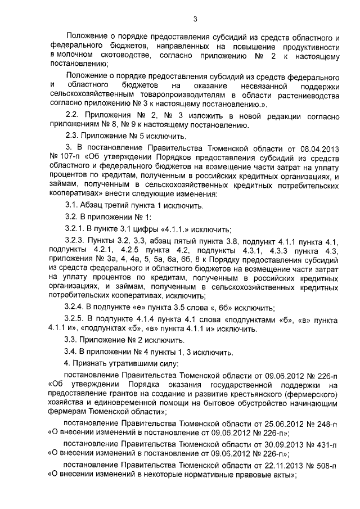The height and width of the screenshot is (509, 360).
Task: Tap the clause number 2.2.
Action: pos(73,116)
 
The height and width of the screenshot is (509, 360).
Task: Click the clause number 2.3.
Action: pos(73,136)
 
